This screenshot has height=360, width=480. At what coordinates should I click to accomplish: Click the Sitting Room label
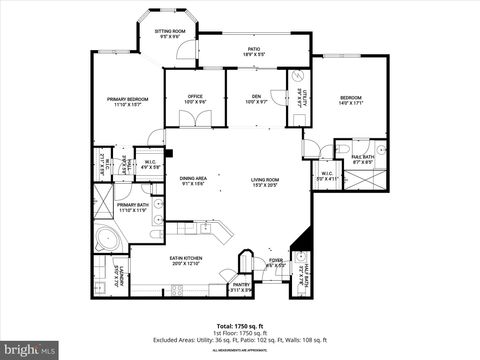(169, 34)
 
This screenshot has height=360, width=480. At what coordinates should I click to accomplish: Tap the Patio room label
(254, 51)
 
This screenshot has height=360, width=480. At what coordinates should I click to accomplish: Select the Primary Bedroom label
(129, 102)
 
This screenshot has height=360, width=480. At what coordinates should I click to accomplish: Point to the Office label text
(196, 99)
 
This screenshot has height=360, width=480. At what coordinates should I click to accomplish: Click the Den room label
(256, 99)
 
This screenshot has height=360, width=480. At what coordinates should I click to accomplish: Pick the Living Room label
(265, 182)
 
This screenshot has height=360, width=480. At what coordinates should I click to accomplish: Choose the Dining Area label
(193, 181)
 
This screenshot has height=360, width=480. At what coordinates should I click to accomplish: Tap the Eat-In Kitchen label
(186, 261)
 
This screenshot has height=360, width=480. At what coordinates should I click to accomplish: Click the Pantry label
(241, 286)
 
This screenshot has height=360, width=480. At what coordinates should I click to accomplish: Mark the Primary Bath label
(133, 207)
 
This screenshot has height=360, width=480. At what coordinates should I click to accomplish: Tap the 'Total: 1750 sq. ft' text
(240, 326)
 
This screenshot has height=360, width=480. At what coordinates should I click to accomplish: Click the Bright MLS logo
(29, 351)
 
